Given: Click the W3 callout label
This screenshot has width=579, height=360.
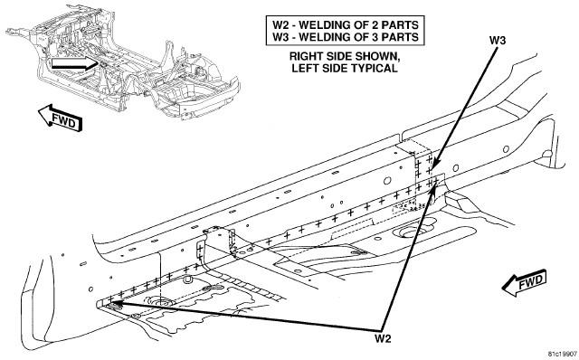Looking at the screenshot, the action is [x=498, y=40].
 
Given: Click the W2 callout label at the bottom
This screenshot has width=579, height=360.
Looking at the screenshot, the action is [x=383, y=338].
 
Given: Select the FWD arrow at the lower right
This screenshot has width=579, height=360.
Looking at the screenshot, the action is [x=525, y=283].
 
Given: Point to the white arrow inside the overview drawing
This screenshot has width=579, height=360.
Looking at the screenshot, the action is [x=74, y=63].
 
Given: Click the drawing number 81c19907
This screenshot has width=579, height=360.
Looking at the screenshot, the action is [x=562, y=354].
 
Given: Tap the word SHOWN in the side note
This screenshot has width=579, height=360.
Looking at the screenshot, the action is [x=377, y=57].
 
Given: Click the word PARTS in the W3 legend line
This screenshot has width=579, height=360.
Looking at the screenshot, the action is [x=402, y=37].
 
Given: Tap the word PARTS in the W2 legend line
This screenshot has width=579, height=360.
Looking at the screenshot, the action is [x=402, y=25].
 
